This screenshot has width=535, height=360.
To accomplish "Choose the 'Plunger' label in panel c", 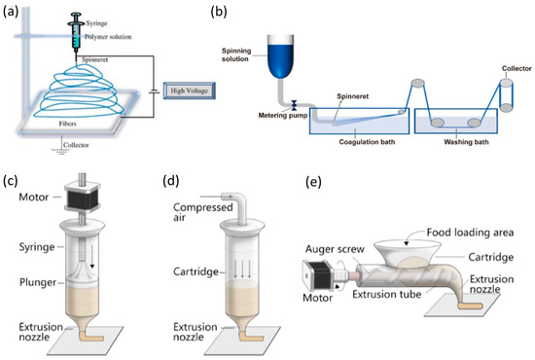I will coord(31,283).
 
